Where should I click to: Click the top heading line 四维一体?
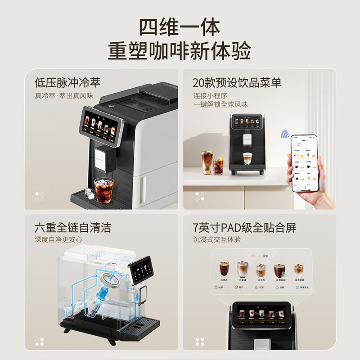coord(180,27)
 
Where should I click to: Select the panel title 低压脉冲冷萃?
coord(67,82)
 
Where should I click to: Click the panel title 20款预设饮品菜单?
coord(237,82)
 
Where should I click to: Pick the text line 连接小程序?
coord(210,95)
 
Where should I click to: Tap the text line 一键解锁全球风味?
coord(221,104)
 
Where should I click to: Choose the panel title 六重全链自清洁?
coord(73,227)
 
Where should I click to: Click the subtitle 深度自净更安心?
coord(59,240)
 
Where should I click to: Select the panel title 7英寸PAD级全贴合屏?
coord(245,227)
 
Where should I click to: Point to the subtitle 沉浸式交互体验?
coord(217,240)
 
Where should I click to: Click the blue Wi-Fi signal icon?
coord(285,134)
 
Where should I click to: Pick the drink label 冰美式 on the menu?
coord(224,280)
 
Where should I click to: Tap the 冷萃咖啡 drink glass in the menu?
coord(279,271)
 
